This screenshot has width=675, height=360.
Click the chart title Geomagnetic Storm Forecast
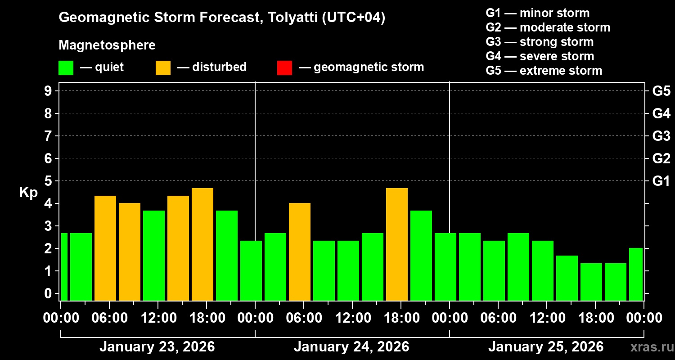pyautogui.click(x=222, y=18)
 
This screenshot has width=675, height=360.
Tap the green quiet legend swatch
pyautogui.click(x=66, y=67)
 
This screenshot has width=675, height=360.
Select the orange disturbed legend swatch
pyautogui.click(x=163, y=67)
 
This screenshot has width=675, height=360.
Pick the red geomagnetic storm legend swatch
pyautogui.click(x=284, y=67)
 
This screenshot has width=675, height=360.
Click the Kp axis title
pyautogui.click(x=28, y=192)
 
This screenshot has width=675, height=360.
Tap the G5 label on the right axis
pyautogui.click(x=661, y=91)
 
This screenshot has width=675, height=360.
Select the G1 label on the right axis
pyautogui.click(x=661, y=181)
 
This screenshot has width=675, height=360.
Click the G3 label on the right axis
pyautogui.click(x=661, y=136)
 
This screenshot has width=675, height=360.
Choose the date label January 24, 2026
pyautogui.click(x=351, y=347)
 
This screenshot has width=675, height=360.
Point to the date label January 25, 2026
pyautogui.click(x=546, y=347)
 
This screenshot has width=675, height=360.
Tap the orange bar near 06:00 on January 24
pyautogui.click(x=300, y=252)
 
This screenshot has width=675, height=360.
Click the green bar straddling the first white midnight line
pyautogui.click(x=251, y=270)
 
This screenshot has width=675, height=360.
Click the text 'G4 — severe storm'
pyautogui.click(x=540, y=56)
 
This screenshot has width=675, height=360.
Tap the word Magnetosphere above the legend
pyautogui.click(x=107, y=45)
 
